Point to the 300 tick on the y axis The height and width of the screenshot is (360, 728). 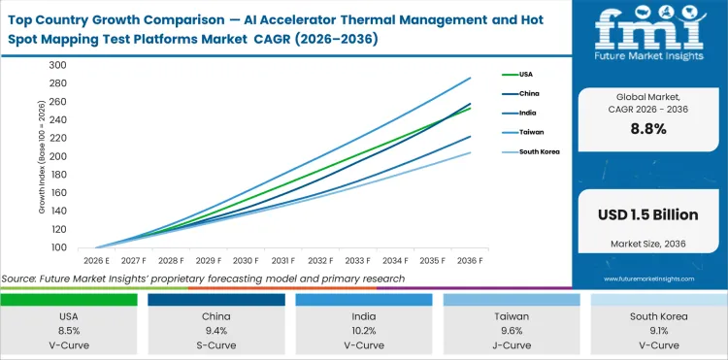[57, 66]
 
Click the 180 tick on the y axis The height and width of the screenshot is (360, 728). [57, 175]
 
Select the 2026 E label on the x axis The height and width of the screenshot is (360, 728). [95, 260]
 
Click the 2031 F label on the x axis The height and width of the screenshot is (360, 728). [283, 260]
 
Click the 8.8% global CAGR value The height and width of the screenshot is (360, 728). [648, 129]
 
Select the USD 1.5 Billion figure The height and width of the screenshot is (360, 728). [648, 212]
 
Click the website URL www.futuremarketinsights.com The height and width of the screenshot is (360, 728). [648, 278]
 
